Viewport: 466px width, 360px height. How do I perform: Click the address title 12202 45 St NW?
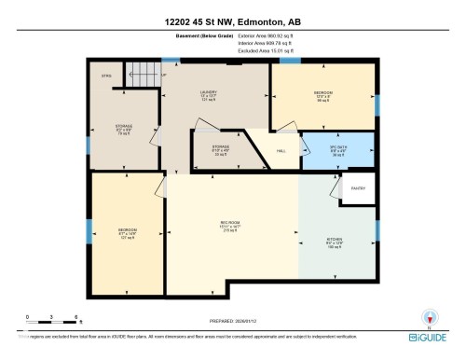tap(233, 21)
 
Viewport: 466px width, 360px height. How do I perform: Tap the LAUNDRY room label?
tap(207, 92)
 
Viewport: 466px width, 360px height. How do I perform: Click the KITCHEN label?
tap(334, 240)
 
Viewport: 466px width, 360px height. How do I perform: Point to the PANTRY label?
tap(357, 188)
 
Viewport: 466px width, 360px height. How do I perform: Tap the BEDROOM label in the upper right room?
tap(323, 92)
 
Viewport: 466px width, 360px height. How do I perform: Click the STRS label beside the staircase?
tap(105, 75)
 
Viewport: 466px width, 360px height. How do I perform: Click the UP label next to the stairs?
tap(165, 75)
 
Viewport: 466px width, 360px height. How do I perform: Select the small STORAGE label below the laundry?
tap(220, 146)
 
